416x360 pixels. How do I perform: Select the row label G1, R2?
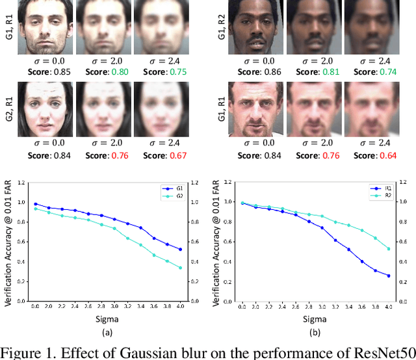coord(221,27)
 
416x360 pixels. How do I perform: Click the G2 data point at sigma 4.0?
coord(179,268)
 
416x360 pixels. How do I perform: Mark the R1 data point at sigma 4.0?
coord(389,276)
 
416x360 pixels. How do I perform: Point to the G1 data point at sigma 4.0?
coord(179,249)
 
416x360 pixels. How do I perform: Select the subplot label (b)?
coord(316,333)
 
